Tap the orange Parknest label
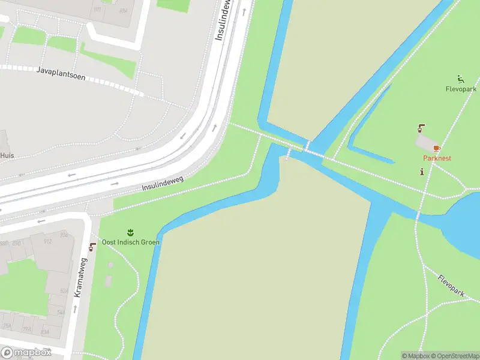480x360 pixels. pyautogui.click(x=437, y=158)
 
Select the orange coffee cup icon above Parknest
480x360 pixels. pyautogui.click(x=437, y=148)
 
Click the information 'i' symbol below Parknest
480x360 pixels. pyautogui.click(x=422, y=172)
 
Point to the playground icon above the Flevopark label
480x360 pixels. pyautogui.click(x=460, y=79)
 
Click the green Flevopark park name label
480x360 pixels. pyautogui.click(x=461, y=89)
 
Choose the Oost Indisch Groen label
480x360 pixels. pyautogui.click(x=130, y=242)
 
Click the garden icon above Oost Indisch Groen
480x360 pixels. pyautogui.click(x=130, y=232)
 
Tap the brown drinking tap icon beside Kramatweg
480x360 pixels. pyautogui.click(x=92, y=247)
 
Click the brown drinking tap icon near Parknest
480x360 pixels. pyautogui.click(x=421, y=128)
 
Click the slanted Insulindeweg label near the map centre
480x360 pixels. pyautogui.click(x=162, y=184)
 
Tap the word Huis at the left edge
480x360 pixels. pyautogui.click(x=7, y=155)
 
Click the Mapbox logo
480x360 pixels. pyautogui.click(x=26, y=353)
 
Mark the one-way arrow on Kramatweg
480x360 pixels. pyautogui.click(x=75, y=310)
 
